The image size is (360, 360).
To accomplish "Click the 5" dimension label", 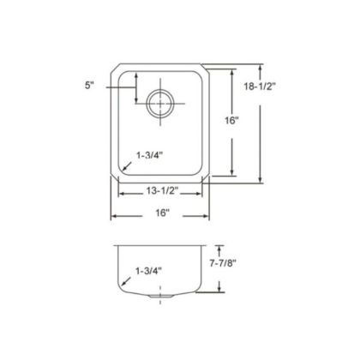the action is click(89, 85).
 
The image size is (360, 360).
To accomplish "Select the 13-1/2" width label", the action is click(162, 190).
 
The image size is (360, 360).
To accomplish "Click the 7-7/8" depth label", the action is click(223, 263).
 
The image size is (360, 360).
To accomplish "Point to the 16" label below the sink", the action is click(162, 213).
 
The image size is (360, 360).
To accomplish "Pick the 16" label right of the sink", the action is click(231, 120).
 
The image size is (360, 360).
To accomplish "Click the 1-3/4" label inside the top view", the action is click(149, 155).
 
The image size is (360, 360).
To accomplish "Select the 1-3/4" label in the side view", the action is click(148, 271).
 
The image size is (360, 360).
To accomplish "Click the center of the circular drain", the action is click(160, 103).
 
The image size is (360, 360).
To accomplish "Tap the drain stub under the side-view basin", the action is click(160, 297).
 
